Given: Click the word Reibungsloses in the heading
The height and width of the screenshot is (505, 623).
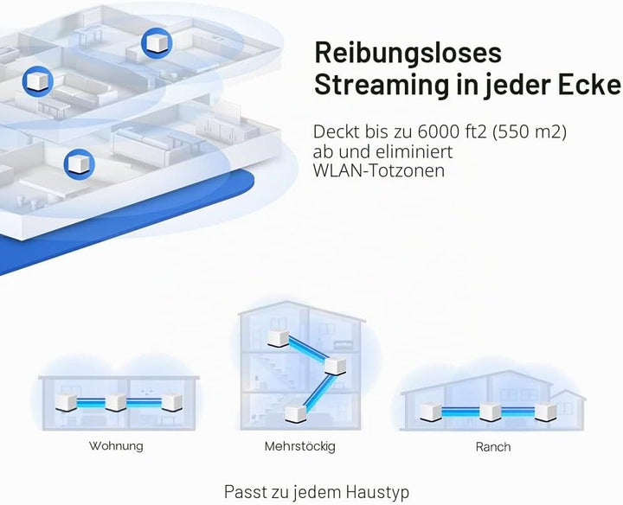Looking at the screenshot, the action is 408,54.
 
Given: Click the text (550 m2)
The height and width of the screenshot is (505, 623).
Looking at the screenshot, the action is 530,132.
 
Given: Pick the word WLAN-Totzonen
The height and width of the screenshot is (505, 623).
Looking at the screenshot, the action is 379,171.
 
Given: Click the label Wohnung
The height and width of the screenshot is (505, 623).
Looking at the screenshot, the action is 116,446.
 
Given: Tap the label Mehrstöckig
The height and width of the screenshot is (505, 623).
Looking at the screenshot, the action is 300,447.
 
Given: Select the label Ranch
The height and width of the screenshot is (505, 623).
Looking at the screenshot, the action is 493,447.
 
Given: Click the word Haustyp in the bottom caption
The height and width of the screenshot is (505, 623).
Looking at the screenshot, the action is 377,492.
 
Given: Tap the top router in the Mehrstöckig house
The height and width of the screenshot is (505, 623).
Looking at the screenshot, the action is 279,339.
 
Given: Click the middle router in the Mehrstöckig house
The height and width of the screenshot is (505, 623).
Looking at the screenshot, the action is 336,366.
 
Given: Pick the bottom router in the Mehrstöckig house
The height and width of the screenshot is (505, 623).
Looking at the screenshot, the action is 296,412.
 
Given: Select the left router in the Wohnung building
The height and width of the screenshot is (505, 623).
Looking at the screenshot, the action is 66,402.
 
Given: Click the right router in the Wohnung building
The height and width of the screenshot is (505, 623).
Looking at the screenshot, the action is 172,402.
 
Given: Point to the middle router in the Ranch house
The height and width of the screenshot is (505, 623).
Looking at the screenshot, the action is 490,412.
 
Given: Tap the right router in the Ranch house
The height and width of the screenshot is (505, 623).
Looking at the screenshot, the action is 545,412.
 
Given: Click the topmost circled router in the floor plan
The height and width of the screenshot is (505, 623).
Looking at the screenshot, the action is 157,43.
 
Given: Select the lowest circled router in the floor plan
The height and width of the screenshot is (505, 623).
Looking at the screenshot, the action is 79,164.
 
